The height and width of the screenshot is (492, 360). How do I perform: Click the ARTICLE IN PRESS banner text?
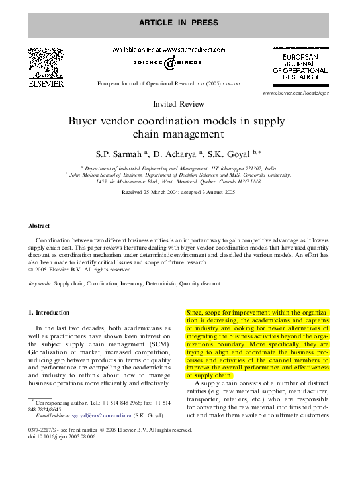pos(178,22)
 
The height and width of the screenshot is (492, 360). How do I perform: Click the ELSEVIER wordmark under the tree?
pos(45,84)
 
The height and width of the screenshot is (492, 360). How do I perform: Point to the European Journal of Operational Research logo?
pos(300,66)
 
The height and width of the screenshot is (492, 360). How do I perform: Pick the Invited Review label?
pos(178,105)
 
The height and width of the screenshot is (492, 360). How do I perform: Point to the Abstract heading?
pos(39,226)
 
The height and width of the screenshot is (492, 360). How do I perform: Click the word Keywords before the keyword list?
pos(40,283)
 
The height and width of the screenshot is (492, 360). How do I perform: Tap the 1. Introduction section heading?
pos(49,312)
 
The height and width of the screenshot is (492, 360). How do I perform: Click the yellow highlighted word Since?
pos(195,312)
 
